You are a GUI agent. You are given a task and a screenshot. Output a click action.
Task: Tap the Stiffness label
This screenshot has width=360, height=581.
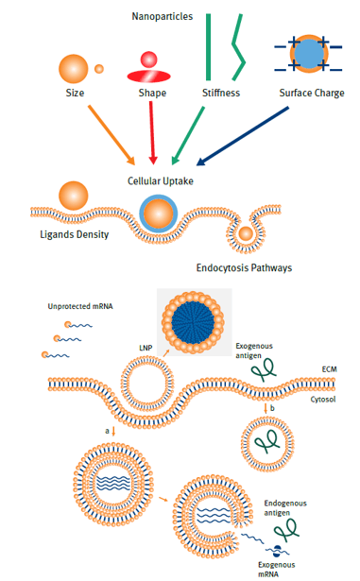click(x=221, y=94)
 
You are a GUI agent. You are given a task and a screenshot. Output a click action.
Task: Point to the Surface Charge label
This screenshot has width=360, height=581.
click(x=311, y=94)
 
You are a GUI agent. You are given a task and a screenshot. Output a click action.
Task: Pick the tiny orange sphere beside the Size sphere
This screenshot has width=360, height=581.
click(x=99, y=68)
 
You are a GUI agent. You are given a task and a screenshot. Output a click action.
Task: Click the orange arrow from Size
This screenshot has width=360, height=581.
click(x=111, y=134)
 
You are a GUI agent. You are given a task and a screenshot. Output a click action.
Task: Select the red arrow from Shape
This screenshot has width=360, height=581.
click(x=153, y=132)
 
